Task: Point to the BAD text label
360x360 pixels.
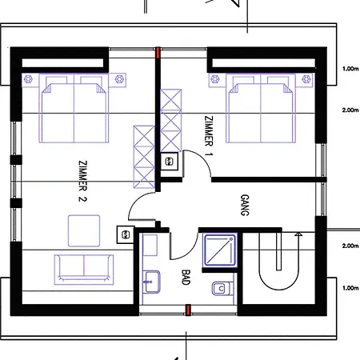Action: pyautogui.click(x=186, y=278)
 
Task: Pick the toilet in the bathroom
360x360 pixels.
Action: pyautogui.click(x=218, y=288)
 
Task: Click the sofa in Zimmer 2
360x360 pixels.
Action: pyautogui.click(x=84, y=267)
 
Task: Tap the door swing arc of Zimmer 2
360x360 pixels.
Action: pyautogui.click(x=142, y=206)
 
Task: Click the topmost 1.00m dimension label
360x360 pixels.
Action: pyautogui.click(x=349, y=69)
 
